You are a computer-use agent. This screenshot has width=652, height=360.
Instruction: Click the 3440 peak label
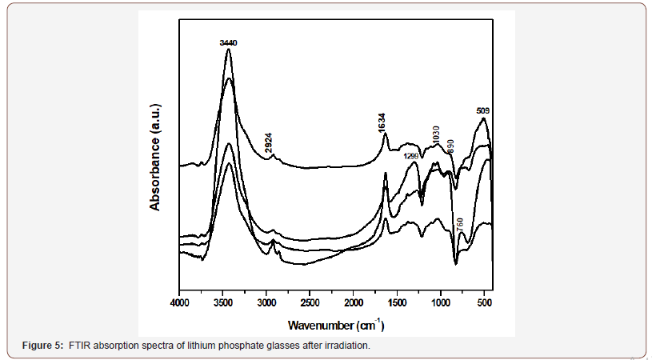tap(229, 42)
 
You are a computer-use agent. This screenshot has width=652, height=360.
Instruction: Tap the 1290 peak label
tap(411, 156)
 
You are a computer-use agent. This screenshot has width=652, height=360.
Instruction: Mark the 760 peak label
tap(460, 225)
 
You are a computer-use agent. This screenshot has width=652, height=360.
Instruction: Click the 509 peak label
tap(483, 111)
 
